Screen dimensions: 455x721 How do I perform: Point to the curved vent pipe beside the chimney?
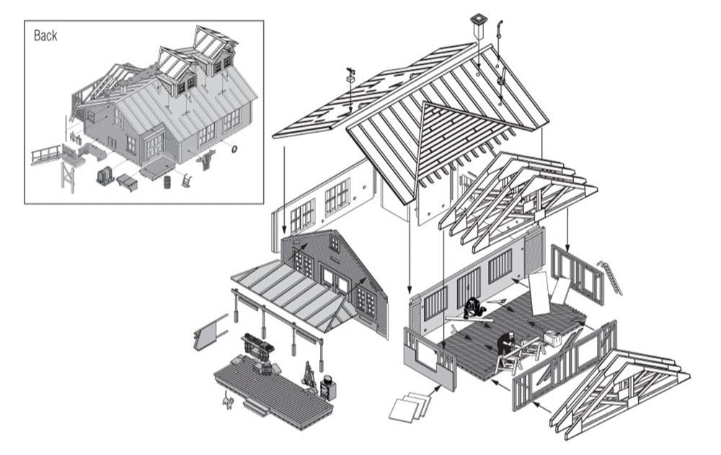point(498,30)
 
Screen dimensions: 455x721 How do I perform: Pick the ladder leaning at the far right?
point(611,278)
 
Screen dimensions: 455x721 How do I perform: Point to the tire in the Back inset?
point(234,149)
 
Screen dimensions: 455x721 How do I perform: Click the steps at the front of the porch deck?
point(256,408)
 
